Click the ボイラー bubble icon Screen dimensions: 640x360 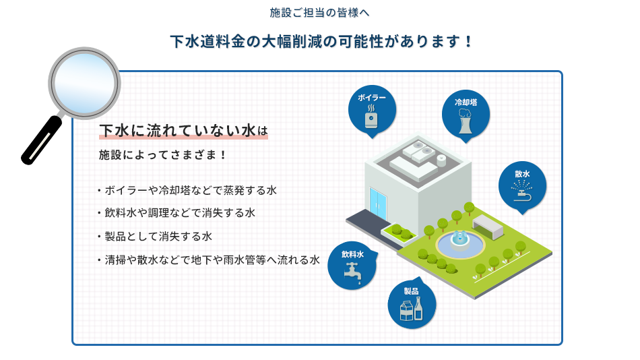coord(372,111)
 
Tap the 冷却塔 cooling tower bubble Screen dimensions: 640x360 coord(466,115)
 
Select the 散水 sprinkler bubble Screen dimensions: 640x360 coord(523,186)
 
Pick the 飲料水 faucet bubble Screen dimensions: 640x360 coord(352,266)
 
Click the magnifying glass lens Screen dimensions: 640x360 coord(84,83)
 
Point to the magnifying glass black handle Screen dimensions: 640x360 coord(41,140)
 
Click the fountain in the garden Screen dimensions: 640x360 coord(460,243)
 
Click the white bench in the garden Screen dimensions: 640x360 coord(488,227)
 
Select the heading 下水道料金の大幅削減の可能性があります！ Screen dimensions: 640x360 coord(321,41)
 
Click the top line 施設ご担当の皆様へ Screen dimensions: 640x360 coord(319,13)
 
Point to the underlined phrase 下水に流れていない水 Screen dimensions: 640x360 coord(178,131)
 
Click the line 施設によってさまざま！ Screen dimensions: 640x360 coord(162,155)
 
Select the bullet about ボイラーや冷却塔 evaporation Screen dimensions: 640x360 coord(187,190)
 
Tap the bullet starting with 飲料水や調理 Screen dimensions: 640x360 coord(177,213)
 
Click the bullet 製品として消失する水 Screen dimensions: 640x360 coord(155,237)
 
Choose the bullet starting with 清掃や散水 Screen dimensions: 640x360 coord(209,260)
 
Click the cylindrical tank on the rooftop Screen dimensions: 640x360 coord(441,160)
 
